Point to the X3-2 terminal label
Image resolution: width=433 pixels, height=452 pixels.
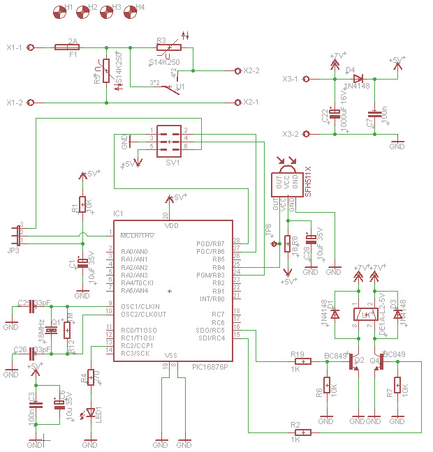[291, 134]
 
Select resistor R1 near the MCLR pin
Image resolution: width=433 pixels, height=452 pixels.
[82, 204]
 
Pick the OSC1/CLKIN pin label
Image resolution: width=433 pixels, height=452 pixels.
[140, 306]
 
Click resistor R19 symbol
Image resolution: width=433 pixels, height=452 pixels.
[303, 361]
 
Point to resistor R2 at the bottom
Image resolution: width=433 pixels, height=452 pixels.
[303, 433]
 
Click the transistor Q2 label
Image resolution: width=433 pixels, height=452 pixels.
[360, 361]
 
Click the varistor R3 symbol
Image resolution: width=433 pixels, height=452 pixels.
[168, 47]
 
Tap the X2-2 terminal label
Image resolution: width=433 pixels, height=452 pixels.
[251, 71]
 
